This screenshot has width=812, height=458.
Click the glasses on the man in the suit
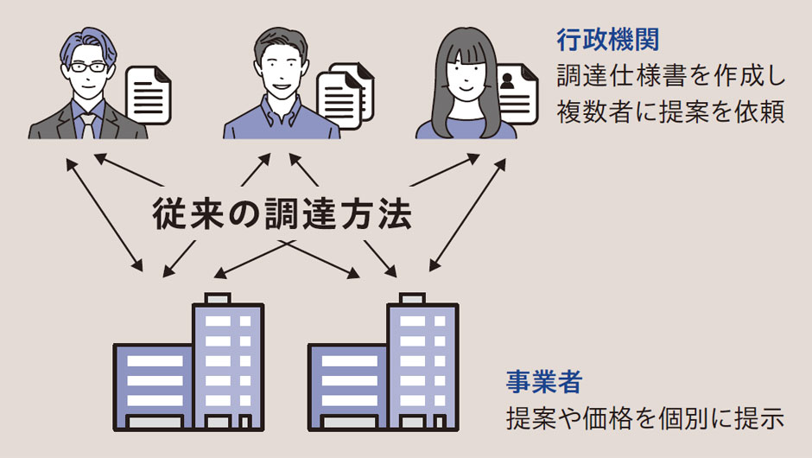pyautogui.click(x=88, y=67)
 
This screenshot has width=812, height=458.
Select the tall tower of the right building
pyautogui.click(x=422, y=363)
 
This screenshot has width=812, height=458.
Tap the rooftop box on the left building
pyautogui.click(x=216, y=298)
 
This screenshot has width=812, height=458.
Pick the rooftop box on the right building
pyautogui.click(x=410, y=298)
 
